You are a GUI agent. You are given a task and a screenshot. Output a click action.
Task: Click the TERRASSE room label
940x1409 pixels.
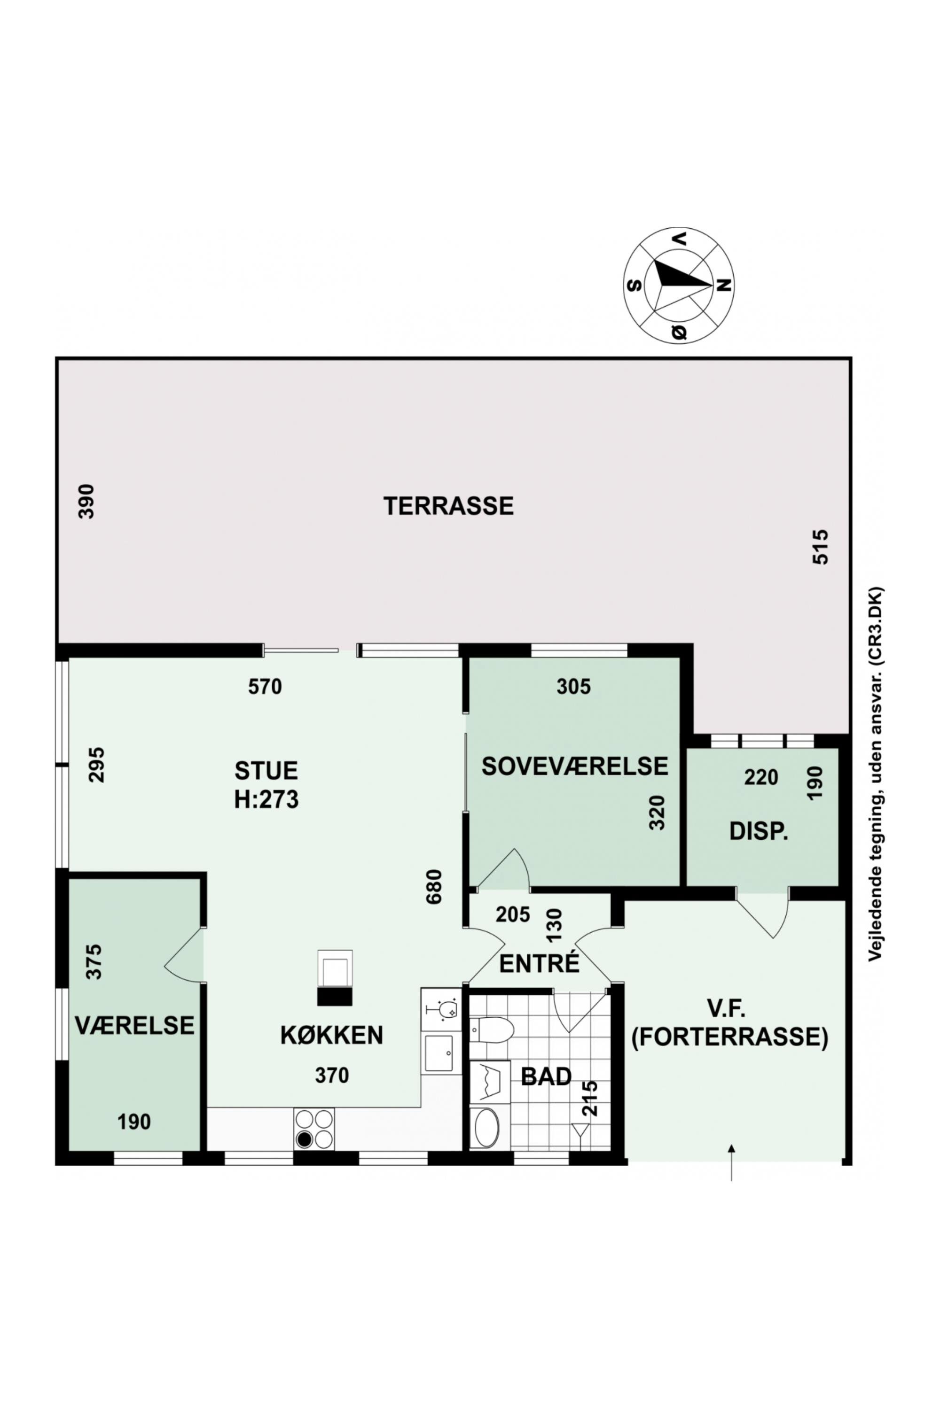(x=448, y=506)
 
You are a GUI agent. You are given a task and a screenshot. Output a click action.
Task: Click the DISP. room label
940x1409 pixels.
(x=759, y=831)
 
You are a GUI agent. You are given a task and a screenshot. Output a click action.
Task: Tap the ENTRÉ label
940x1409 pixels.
(x=540, y=963)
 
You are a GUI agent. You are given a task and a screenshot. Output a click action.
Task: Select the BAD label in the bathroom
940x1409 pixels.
(x=546, y=1076)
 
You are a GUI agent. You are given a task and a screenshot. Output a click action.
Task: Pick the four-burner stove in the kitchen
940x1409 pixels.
(x=314, y=1129)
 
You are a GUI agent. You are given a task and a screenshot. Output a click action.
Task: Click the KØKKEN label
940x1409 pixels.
(x=331, y=1035)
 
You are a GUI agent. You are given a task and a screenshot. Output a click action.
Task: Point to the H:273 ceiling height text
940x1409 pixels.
(x=266, y=800)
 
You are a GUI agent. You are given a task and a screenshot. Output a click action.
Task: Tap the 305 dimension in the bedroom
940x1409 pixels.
(x=573, y=686)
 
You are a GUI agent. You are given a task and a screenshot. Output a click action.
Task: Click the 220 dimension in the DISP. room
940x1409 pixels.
(x=761, y=778)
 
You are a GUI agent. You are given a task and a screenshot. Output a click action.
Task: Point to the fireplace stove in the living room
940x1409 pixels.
(x=335, y=977)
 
